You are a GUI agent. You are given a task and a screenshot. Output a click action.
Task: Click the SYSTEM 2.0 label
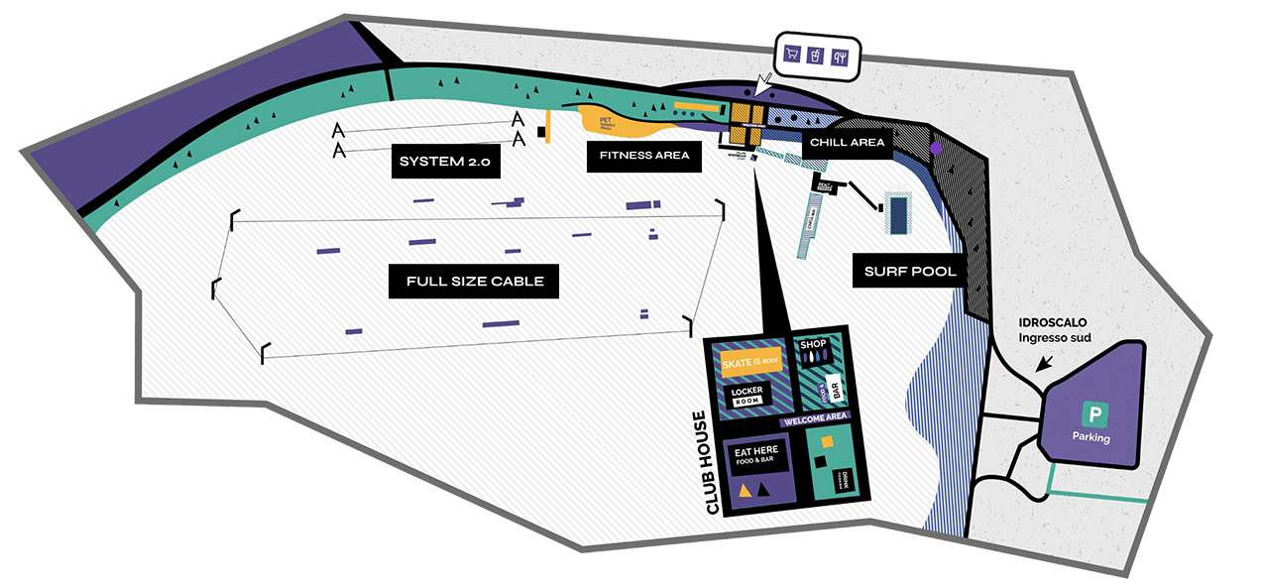[x=445, y=162]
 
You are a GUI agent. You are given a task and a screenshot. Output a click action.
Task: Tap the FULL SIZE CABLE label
[x=475, y=281]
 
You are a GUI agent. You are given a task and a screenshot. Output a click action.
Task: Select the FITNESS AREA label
[x=644, y=155]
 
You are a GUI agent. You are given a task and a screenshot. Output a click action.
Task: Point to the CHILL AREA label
[x=847, y=143]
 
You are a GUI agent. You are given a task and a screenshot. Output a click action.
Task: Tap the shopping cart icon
[x=793, y=56]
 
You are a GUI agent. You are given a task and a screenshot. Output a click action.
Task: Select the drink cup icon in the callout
[x=817, y=56]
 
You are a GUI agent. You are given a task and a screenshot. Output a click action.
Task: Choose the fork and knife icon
[x=841, y=56]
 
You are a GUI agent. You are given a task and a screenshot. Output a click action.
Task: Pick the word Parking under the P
[x=1090, y=437]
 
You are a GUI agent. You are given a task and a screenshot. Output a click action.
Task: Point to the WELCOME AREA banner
[x=815, y=418]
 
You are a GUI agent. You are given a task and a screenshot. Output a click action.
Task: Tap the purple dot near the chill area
[x=935, y=148]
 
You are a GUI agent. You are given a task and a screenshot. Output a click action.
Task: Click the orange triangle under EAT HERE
[x=744, y=490]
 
